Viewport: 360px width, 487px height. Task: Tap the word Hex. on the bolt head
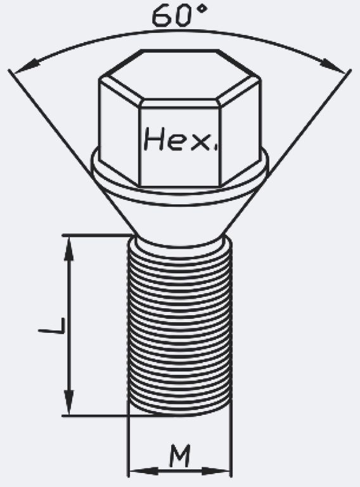181,139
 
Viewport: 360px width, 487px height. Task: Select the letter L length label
52,325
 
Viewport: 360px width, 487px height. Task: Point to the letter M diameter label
180,456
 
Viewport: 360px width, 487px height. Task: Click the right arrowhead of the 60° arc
333,67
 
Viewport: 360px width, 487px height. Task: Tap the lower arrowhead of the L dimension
69,402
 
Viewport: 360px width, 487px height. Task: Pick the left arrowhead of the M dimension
143,471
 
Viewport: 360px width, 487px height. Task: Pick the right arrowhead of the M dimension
216,471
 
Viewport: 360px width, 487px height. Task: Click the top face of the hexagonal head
180,75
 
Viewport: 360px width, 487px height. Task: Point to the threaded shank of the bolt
180,326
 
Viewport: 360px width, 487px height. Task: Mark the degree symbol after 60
202,8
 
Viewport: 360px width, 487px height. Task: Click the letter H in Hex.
155,139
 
